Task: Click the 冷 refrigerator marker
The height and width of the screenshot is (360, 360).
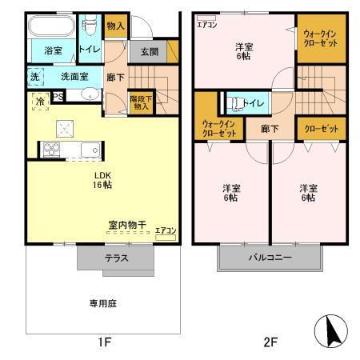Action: tap(40, 102)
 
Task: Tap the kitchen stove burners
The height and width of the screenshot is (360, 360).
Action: tap(52, 149)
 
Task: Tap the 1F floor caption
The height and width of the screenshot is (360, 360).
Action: tap(104, 342)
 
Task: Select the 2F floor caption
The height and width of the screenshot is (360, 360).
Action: tap(270, 342)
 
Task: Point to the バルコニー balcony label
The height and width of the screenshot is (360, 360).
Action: tap(269, 258)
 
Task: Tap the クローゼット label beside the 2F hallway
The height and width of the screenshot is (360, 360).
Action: tap(321, 129)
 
